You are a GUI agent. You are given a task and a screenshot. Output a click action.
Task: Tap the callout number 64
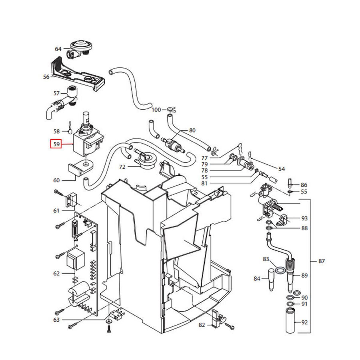[58, 49]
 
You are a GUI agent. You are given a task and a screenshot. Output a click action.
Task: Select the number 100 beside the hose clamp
[156, 110]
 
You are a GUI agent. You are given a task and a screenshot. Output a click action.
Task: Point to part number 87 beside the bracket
[322, 261]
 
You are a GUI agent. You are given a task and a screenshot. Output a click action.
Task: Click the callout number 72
[122, 167]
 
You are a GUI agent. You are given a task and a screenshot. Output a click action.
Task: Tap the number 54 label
[281, 169]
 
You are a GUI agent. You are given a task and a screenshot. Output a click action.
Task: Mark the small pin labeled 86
[290, 184]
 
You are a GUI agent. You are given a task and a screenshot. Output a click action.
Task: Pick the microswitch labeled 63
[116, 315]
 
